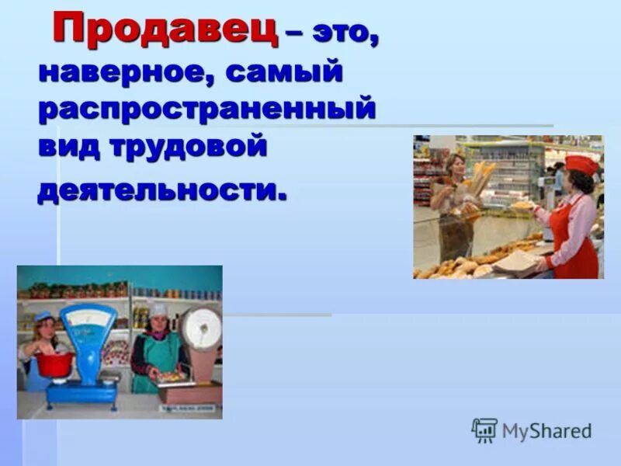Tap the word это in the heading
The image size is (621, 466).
(345, 35)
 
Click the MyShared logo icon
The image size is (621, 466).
(484, 430)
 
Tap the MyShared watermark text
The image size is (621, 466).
(546, 431)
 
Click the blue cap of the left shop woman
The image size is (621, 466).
(45, 317)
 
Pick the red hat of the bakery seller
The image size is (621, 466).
(581, 163)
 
